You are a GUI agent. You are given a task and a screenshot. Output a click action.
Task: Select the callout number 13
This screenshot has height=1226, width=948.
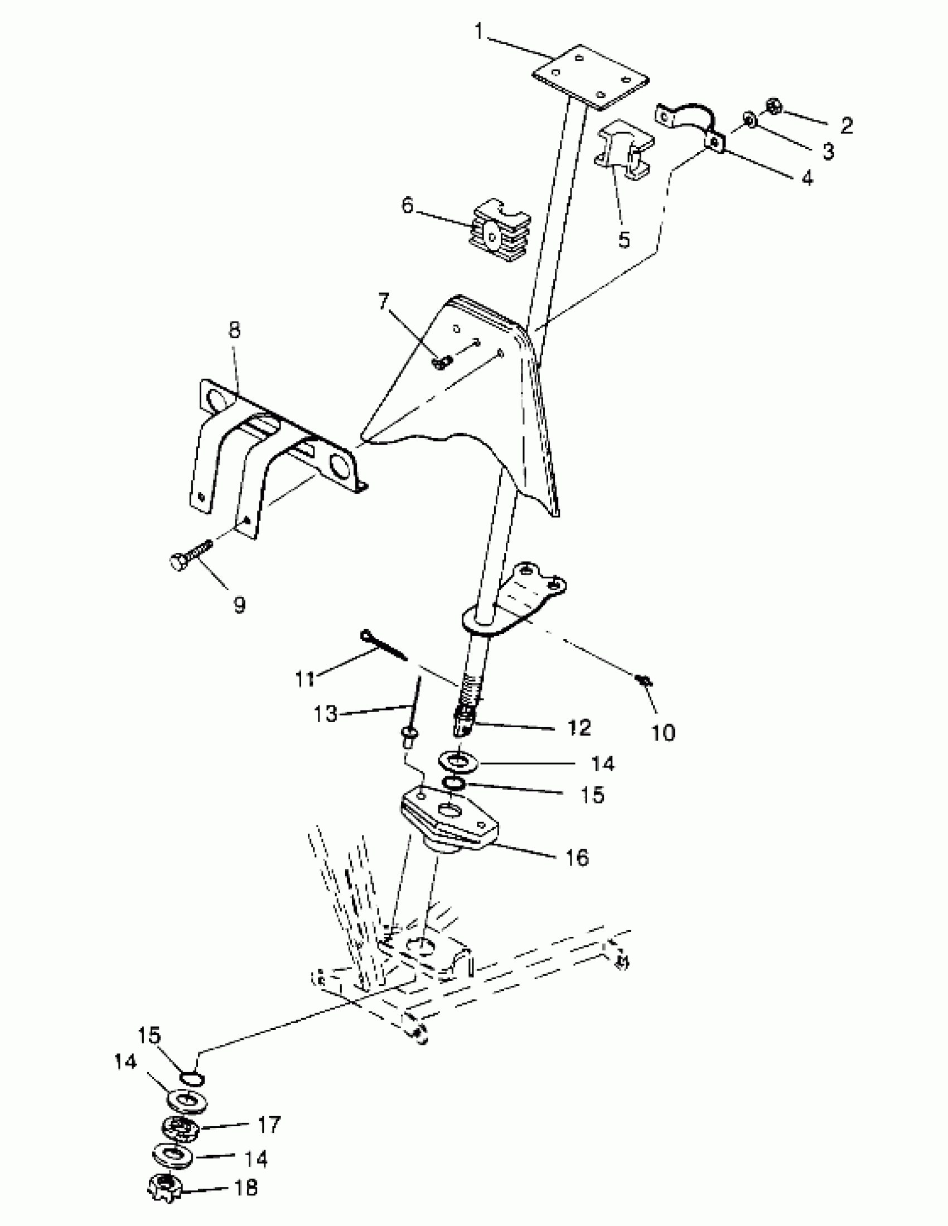326,714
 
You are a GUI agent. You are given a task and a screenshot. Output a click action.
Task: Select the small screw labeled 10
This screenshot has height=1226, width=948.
645,681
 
